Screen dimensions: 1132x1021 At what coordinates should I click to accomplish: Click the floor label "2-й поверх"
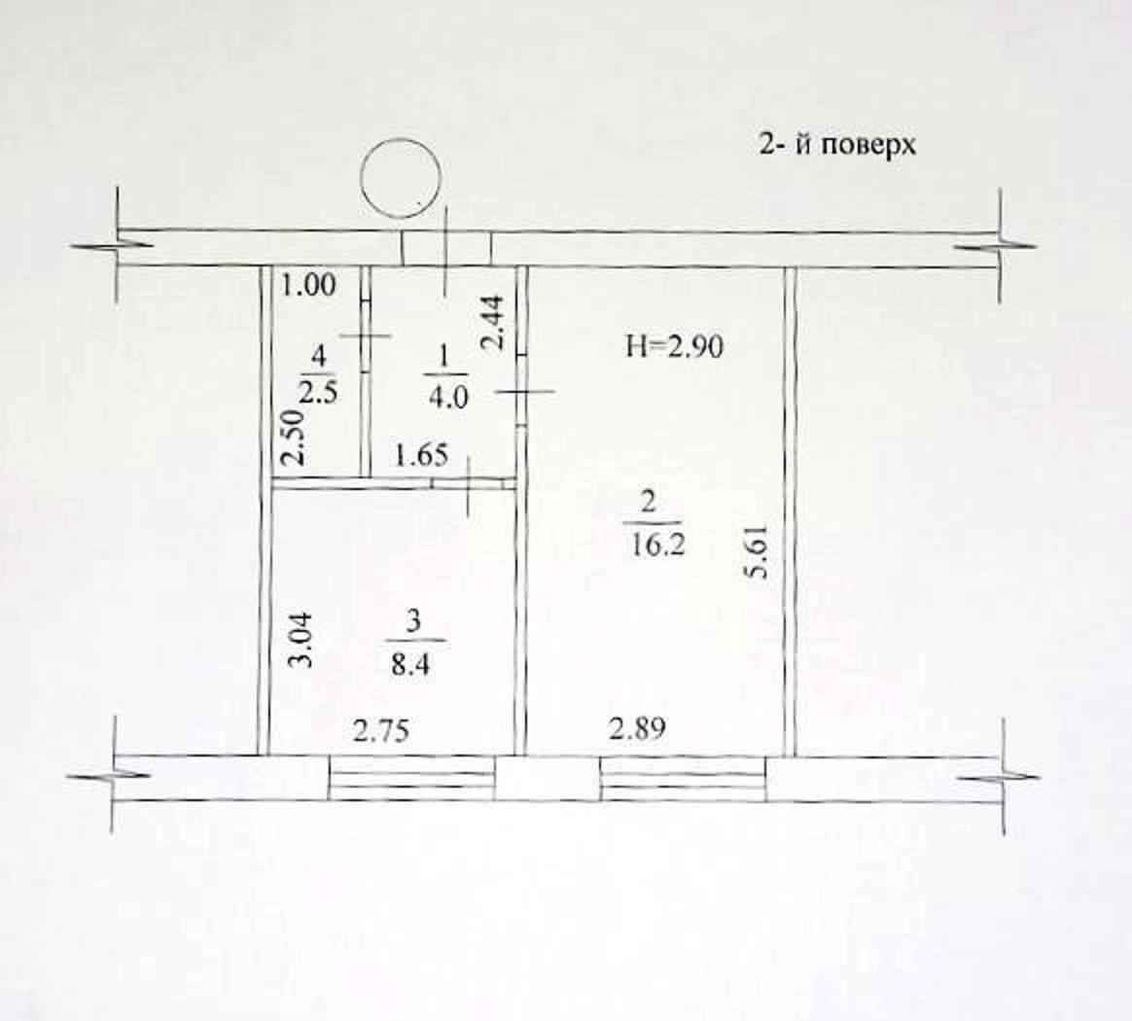click(836, 145)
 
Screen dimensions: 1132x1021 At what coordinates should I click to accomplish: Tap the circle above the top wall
click(401, 178)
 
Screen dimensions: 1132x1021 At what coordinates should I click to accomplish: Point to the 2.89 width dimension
click(637, 728)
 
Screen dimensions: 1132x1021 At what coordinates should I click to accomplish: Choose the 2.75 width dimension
click(381, 730)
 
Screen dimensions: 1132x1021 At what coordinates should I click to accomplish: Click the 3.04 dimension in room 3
click(301, 640)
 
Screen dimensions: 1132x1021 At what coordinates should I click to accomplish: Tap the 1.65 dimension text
click(422, 456)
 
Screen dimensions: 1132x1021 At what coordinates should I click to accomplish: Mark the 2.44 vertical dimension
click(495, 323)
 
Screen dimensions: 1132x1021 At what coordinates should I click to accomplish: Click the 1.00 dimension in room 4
click(309, 286)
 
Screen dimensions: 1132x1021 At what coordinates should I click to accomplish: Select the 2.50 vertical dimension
click(293, 439)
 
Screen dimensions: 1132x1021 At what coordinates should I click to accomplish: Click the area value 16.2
click(657, 546)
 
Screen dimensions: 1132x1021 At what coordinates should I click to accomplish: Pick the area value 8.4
click(410, 664)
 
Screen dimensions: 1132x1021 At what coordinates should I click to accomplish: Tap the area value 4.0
click(448, 398)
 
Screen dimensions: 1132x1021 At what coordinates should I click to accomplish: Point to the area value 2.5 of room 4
click(319, 395)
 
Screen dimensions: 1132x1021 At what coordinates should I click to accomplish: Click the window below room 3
click(412, 778)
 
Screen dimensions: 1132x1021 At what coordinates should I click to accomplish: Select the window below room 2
click(683, 778)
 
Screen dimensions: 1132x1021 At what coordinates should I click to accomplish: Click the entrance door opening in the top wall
click(446, 249)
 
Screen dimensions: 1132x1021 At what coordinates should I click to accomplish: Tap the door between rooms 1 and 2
click(521, 391)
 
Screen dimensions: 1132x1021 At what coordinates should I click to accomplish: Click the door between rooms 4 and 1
click(366, 336)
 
